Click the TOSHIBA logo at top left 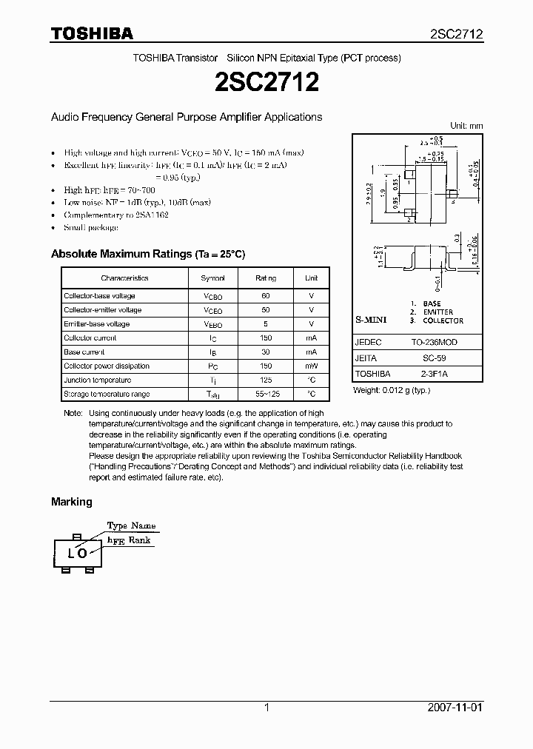point(92,33)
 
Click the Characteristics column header point(124,278)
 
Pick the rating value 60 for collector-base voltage point(266,296)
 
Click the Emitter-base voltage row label point(97,324)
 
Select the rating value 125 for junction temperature point(266,380)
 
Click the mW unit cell point(311,366)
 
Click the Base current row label point(84,352)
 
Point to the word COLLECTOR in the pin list point(443,320)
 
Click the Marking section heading point(72,502)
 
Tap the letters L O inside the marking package point(77,553)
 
